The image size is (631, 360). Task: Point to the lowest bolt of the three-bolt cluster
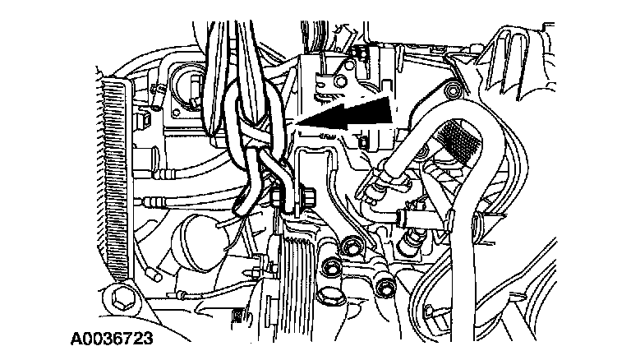385,286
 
